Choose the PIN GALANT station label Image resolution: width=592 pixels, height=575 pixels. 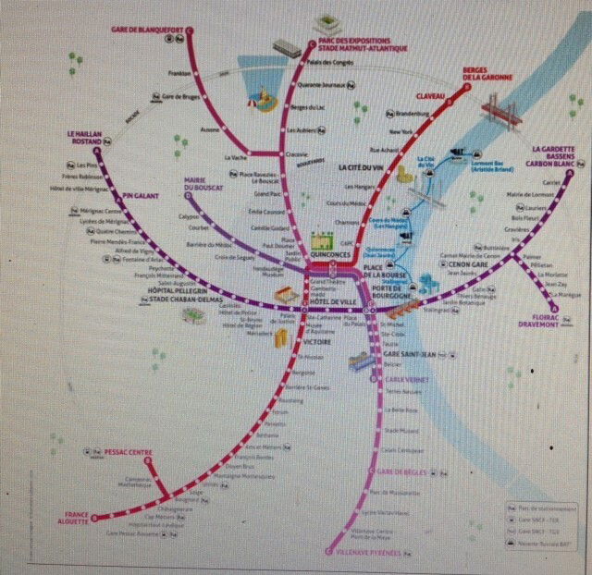coord(140,196)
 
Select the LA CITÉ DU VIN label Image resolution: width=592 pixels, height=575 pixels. coord(360,167)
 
